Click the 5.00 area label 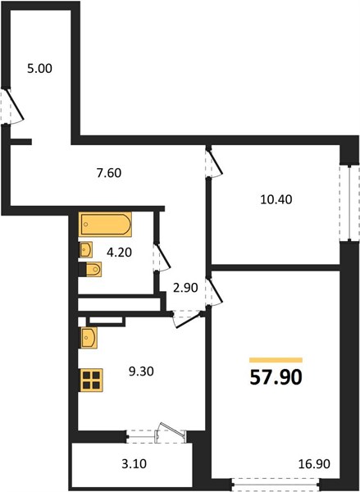click(39, 69)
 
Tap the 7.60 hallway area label click(109, 173)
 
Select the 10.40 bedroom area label click(276, 199)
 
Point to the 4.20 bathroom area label click(119, 252)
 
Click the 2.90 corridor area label click(185, 288)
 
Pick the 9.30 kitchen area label click(141, 371)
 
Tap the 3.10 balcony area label click(134, 463)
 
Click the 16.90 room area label click(314, 463)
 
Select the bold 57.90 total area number click(276, 377)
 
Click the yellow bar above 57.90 click(276, 360)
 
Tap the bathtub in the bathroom click(105, 225)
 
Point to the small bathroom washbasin click(85, 249)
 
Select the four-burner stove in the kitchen click(92, 380)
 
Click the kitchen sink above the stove click(89, 338)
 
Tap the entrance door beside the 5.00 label click(12, 106)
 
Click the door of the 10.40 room click(214, 162)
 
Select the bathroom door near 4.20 click(162, 257)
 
